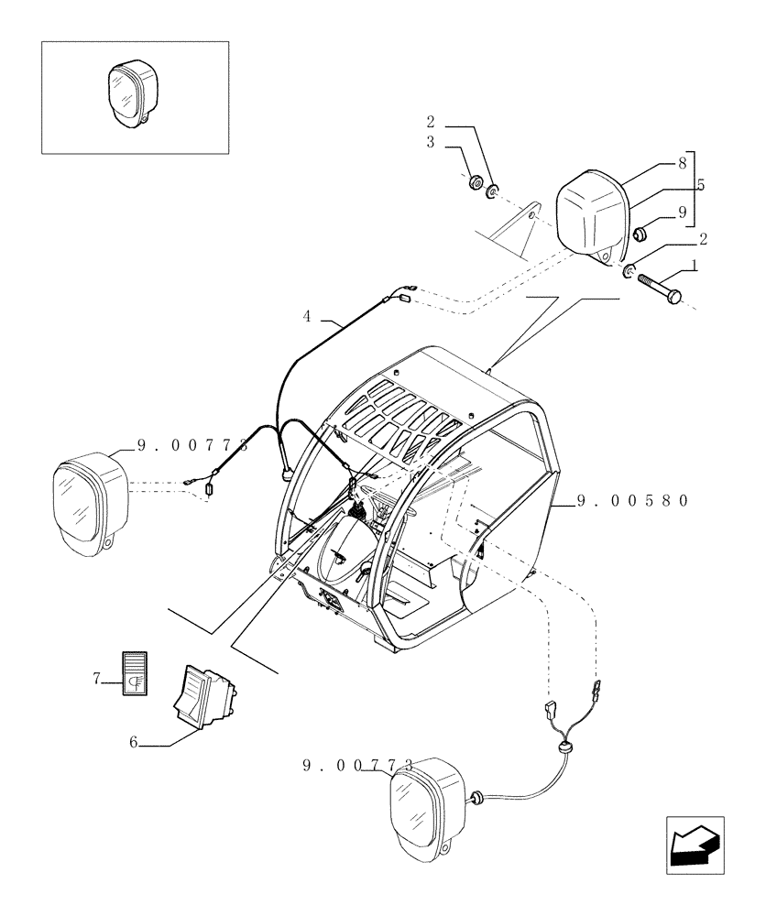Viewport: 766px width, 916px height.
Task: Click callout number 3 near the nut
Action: click(431, 143)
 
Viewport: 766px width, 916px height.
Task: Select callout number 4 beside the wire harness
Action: click(308, 316)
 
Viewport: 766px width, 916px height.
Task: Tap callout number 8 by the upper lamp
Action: click(682, 163)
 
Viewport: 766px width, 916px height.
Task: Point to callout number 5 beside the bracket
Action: click(700, 185)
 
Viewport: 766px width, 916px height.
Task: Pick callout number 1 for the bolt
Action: click(694, 266)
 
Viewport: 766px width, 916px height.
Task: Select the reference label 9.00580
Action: click(631, 501)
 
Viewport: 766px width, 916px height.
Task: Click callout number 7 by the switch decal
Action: click(95, 678)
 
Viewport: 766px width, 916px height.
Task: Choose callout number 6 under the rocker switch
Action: click(133, 743)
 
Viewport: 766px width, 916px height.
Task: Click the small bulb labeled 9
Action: click(640, 233)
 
